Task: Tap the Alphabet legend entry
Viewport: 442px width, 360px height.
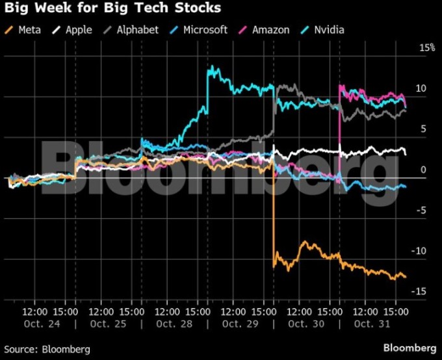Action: pos(134,30)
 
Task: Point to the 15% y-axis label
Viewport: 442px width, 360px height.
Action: pos(426,48)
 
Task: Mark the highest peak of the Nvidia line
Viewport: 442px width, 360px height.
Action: pos(209,66)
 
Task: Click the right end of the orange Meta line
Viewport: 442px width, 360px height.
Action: pos(406,277)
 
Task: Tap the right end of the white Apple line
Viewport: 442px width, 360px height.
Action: pos(406,153)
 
